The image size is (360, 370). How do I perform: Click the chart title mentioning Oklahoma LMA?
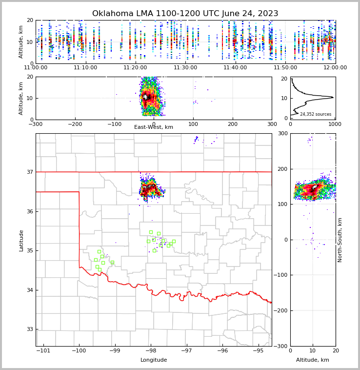click(x=185, y=14)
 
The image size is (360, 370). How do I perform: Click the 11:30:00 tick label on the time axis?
click(x=186, y=68)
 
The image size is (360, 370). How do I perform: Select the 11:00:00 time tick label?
click(x=36, y=68)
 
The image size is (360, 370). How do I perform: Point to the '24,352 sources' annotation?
click(x=315, y=114)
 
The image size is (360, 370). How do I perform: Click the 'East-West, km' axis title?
click(x=154, y=127)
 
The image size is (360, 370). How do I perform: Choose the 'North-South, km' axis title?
click(x=340, y=240)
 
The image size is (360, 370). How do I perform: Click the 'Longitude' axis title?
click(x=154, y=360)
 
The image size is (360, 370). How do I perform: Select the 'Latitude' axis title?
click(x=21, y=240)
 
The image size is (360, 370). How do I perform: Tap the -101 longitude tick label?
click(x=43, y=351)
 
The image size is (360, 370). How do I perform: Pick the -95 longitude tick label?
click(x=258, y=351)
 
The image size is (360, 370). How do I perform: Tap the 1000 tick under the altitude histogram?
click(x=335, y=124)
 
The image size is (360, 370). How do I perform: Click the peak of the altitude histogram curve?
click(x=333, y=97)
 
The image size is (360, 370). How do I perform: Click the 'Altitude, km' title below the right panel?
click(x=313, y=360)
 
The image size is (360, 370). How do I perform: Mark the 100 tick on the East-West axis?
click(x=193, y=124)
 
